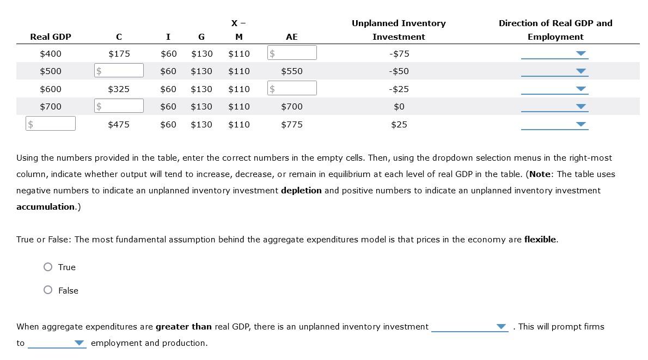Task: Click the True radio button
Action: click(x=48, y=267)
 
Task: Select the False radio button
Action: click(x=48, y=290)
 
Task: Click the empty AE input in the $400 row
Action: click(x=292, y=53)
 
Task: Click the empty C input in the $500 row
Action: click(x=119, y=71)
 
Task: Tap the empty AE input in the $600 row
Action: click(x=292, y=88)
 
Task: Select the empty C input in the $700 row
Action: click(x=119, y=106)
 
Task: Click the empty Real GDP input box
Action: click(x=51, y=124)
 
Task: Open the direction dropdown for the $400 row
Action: click(x=554, y=54)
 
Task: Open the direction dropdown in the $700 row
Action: click(x=554, y=107)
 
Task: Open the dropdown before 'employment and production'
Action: click(x=57, y=343)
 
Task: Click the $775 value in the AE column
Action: click(x=292, y=125)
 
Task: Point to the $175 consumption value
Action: click(x=119, y=54)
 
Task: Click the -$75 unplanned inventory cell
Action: click(x=399, y=54)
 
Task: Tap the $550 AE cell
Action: click(x=292, y=71)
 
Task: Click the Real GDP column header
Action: click(x=51, y=37)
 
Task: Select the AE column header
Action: click(x=292, y=37)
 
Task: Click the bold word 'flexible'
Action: click(x=540, y=240)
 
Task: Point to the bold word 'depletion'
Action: click(x=301, y=191)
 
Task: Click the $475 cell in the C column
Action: click(x=119, y=125)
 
